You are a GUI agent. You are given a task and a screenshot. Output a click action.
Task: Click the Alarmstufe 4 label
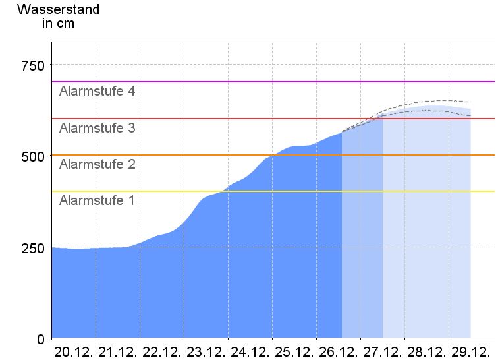point(97,91)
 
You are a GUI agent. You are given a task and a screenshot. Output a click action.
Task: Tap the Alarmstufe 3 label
point(97,128)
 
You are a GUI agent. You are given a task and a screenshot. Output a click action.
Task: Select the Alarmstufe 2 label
point(97,164)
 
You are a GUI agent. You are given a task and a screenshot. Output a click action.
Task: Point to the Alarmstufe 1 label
point(97,200)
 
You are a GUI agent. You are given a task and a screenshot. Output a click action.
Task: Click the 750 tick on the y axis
point(32,65)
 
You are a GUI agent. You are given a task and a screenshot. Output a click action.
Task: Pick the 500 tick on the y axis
point(32,156)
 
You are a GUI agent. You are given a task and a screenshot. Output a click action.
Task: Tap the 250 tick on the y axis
point(32,248)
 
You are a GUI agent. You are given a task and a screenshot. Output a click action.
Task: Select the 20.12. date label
point(74,351)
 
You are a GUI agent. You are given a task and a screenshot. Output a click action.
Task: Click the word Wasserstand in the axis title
point(58,9)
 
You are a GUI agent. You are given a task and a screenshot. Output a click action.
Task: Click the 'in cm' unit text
point(58,24)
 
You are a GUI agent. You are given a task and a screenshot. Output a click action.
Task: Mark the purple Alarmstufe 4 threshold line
point(198,82)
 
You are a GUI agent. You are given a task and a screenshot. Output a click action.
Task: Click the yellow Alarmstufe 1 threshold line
point(198,191)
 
